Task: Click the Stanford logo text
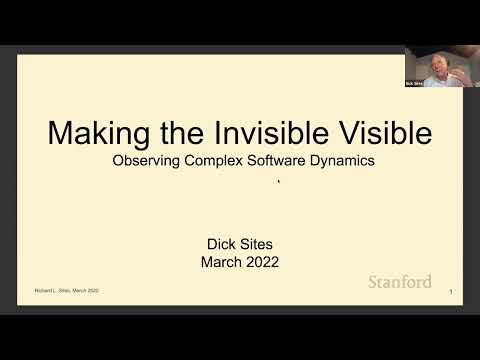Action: pyautogui.click(x=400, y=282)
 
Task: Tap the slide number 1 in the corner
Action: pyautogui.click(x=452, y=292)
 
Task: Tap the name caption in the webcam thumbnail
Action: pyautogui.click(x=414, y=83)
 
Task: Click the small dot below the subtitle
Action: pyautogui.click(x=278, y=183)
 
